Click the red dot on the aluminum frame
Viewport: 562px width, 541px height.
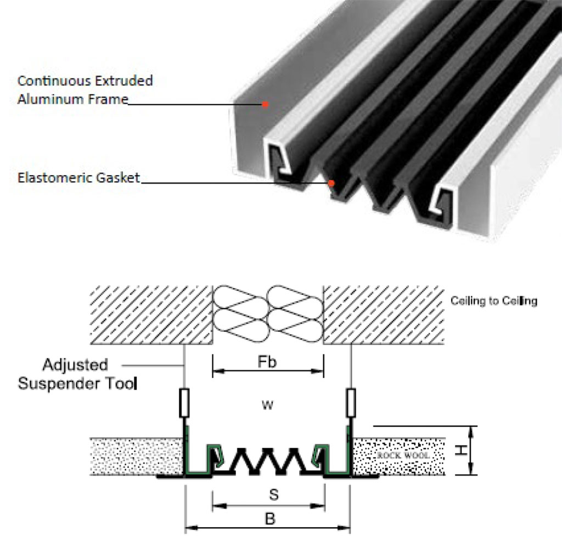tap(265, 104)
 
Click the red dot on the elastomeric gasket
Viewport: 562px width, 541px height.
tap(331, 182)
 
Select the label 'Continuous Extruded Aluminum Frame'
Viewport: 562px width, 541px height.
tap(85, 90)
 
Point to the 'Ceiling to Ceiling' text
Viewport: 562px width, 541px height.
tap(493, 301)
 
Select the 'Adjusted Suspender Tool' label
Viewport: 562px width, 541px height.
tap(77, 374)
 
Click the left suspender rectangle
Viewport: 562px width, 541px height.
tap(184, 402)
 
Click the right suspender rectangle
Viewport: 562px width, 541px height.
tap(350, 402)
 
